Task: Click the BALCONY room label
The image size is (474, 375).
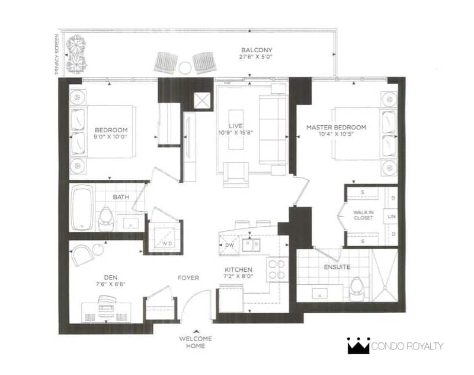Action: click(257, 50)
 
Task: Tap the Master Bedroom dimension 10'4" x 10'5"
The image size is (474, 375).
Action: click(336, 134)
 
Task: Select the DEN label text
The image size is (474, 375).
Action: click(111, 277)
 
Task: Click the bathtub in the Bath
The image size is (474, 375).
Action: click(82, 207)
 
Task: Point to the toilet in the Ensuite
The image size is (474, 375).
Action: click(357, 289)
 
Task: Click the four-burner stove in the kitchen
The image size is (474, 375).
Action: click(277, 269)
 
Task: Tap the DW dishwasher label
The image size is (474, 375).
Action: click(229, 245)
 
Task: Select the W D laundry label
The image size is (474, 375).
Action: click(167, 243)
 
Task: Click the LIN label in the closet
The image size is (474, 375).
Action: click(392, 217)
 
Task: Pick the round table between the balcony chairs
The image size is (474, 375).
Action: click(184, 68)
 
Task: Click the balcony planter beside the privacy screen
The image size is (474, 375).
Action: click(76, 54)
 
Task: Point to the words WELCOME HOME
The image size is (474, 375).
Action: click(196, 342)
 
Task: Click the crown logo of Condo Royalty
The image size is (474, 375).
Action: click(358, 346)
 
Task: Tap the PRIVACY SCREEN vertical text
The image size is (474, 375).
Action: click(56, 54)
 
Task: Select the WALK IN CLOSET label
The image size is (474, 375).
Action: click(363, 215)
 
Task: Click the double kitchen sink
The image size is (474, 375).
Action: click(251, 244)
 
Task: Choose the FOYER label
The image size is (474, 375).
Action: click(188, 278)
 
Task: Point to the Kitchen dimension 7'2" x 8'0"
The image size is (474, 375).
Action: click(238, 276)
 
